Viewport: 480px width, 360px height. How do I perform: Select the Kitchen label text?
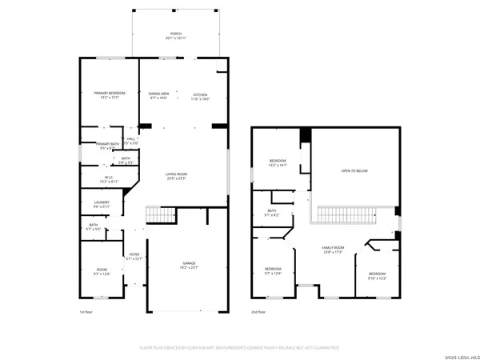200,95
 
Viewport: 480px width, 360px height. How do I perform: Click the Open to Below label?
354,170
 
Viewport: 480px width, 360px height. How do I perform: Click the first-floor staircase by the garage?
159,214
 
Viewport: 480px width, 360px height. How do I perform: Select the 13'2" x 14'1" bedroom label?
278,162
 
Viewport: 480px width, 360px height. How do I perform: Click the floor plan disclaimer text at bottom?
240,348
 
